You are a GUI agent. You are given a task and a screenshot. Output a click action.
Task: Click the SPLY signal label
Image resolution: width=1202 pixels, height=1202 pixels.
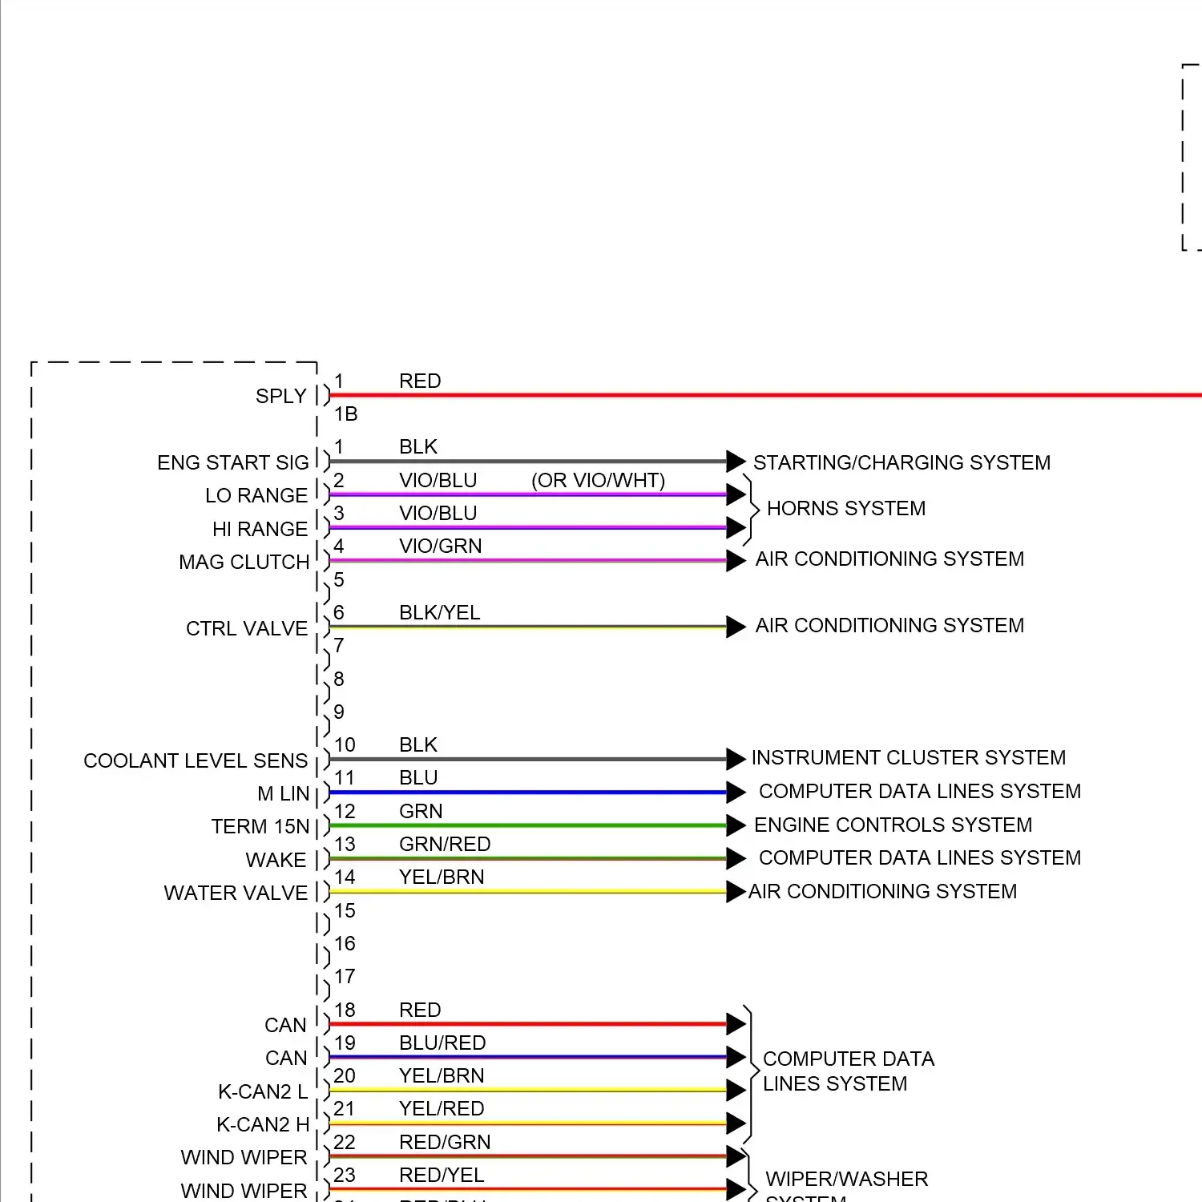pyautogui.click(x=280, y=397)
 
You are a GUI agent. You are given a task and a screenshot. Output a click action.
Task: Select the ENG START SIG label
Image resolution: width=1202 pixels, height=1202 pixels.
pyautogui.click(x=232, y=463)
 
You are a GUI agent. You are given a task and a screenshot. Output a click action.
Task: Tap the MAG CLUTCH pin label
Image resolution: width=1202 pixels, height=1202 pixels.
pyautogui.click(x=244, y=563)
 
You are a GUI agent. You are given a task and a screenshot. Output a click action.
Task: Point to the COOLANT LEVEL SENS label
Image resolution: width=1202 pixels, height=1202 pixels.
pyautogui.click(x=196, y=761)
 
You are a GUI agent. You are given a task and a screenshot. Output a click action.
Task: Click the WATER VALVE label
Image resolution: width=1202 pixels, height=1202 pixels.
pyautogui.click(x=236, y=893)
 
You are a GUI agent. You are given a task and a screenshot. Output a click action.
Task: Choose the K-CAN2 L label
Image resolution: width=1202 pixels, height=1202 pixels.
pyautogui.click(x=263, y=1092)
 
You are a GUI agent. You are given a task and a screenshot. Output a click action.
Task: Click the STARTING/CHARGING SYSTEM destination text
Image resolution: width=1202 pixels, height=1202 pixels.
pyautogui.click(x=901, y=463)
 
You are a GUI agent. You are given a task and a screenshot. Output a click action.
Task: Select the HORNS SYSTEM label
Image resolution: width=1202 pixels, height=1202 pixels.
pyautogui.click(x=846, y=509)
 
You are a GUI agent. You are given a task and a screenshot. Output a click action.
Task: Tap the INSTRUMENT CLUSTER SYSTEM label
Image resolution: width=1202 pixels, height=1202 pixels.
pyautogui.click(x=909, y=758)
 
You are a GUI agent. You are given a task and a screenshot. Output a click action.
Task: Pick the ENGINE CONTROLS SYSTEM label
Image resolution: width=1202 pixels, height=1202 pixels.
pyautogui.click(x=893, y=825)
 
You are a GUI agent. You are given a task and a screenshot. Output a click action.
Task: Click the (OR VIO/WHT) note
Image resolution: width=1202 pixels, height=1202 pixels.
pyautogui.click(x=599, y=481)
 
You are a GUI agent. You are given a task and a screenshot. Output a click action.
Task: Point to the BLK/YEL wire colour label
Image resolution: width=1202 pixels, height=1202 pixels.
pyautogui.click(x=440, y=613)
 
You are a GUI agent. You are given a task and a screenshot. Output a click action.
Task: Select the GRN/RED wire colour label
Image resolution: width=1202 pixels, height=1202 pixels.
pyautogui.click(x=445, y=845)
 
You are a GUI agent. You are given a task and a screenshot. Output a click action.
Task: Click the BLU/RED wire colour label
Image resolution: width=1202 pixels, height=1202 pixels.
pyautogui.click(x=442, y=1043)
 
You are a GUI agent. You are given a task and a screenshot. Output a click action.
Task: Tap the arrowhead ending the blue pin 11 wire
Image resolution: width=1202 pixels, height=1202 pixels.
pyautogui.click(x=736, y=793)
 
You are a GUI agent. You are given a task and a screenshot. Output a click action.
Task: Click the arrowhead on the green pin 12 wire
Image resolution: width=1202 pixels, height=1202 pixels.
pyautogui.click(x=736, y=825)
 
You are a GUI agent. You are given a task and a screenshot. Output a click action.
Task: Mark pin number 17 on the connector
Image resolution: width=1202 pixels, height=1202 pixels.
pyautogui.click(x=345, y=977)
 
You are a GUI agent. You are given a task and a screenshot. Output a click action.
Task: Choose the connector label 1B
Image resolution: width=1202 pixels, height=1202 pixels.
pyautogui.click(x=346, y=414)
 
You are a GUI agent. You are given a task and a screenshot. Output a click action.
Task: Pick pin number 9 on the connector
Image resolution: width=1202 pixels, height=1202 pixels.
pyautogui.click(x=339, y=712)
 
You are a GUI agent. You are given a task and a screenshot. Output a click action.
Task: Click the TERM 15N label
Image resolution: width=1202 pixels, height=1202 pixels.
pyautogui.click(x=260, y=827)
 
